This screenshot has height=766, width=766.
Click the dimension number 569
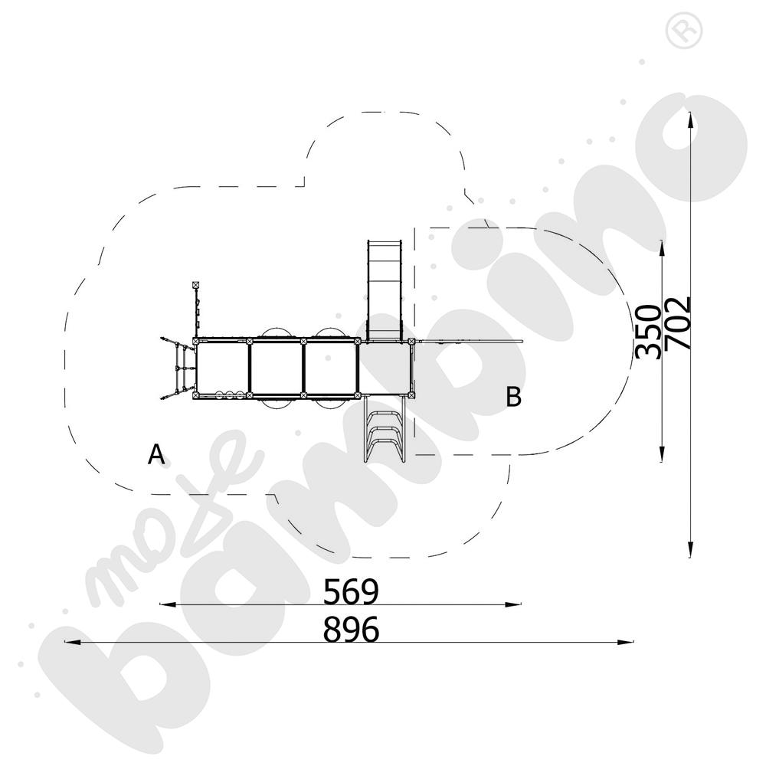coord(351,591)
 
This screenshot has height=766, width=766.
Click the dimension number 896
coord(351,630)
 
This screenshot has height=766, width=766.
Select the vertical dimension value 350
coord(648,331)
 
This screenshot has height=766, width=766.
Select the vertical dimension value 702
coord(679,322)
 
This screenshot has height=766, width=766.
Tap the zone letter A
coord(156,455)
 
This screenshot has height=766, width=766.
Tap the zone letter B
coord(514,398)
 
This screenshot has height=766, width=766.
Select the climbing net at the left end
coord(175,368)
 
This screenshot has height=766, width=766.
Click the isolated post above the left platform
coord(196,286)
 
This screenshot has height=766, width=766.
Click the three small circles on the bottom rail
coord(229,394)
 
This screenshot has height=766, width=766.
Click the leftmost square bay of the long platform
coord(223,368)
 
